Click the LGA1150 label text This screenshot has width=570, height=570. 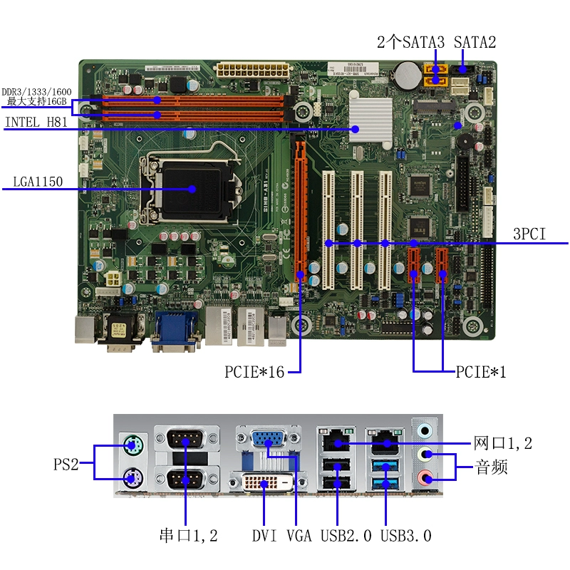38,182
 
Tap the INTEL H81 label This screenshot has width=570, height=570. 36,123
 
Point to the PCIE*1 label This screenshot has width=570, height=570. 481,371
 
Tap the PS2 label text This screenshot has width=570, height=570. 66,465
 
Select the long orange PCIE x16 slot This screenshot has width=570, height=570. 299,207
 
